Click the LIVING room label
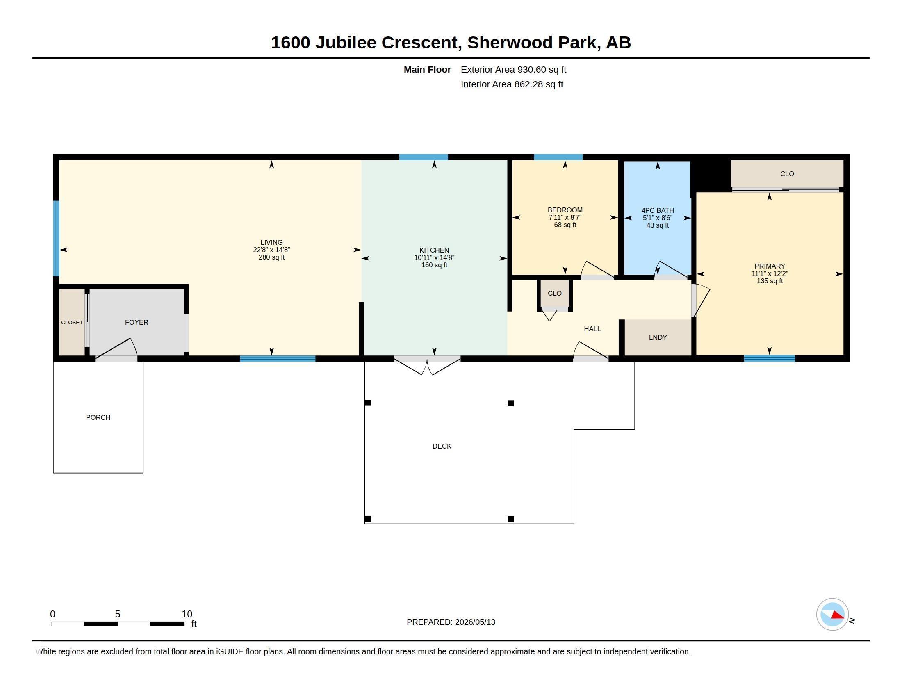pyautogui.click(x=271, y=242)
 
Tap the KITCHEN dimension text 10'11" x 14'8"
pyautogui.click(x=434, y=257)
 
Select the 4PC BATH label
pyautogui.click(x=658, y=210)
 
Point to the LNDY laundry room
pyautogui.click(x=658, y=337)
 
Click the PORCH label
pyautogui.click(x=98, y=417)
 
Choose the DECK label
pyautogui.click(x=442, y=446)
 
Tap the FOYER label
pyautogui.click(x=136, y=322)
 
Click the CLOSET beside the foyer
pyautogui.click(x=72, y=322)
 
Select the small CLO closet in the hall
pyautogui.click(x=555, y=294)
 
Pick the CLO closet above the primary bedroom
pyautogui.click(x=787, y=174)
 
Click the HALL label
pyautogui.click(x=592, y=329)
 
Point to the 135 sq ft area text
pyautogui.click(x=770, y=281)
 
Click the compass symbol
pyautogui.click(x=832, y=615)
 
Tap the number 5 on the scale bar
pyautogui.click(x=118, y=614)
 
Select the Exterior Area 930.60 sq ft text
pyautogui.click(x=513, y=69)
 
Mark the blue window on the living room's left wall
pyautogui.click(x=57, y=238)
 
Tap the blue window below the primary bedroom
pyautogui.click(x=769, y=358)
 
